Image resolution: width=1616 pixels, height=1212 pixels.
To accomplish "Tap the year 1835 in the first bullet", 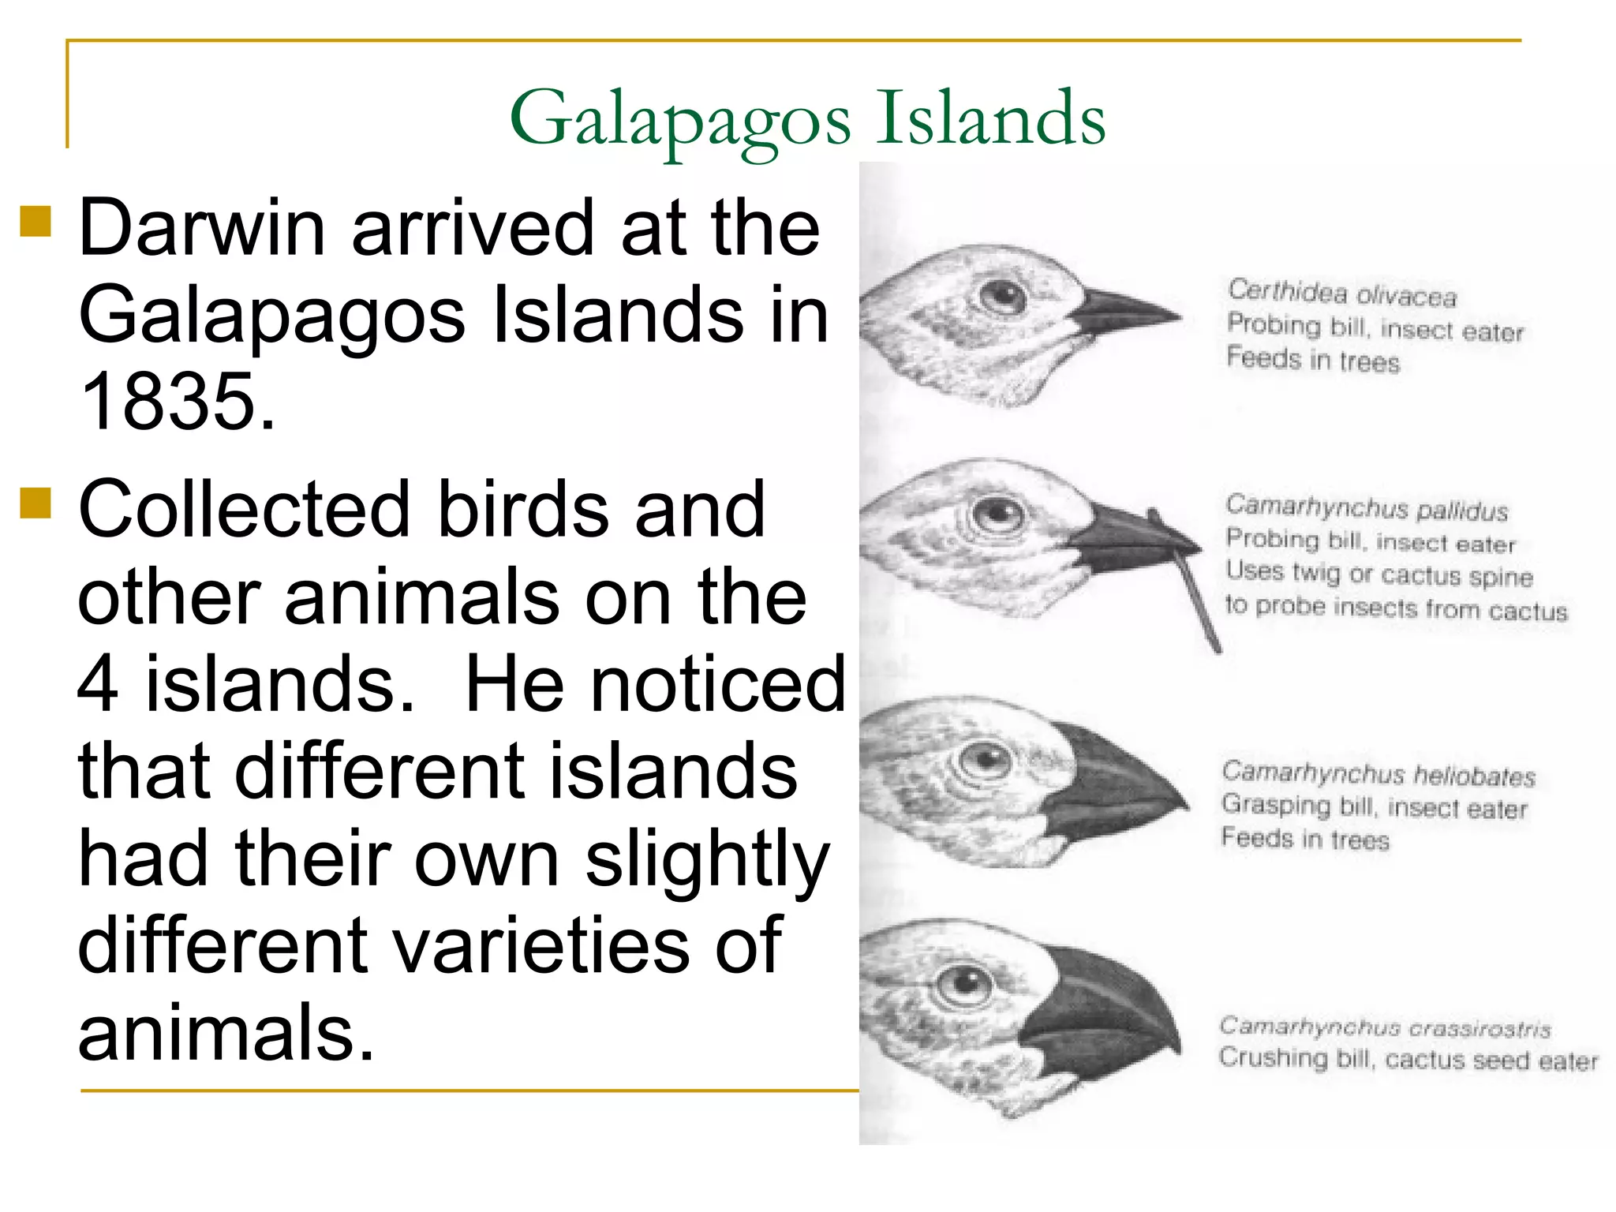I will (178, 402).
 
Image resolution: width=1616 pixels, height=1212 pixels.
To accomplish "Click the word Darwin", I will (202, 228).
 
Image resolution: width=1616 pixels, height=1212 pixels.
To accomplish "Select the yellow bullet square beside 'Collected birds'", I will (36, 503).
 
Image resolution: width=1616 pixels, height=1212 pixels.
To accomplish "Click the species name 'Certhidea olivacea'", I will (1341, 294).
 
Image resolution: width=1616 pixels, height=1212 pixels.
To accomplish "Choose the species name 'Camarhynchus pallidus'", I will (1366, 508).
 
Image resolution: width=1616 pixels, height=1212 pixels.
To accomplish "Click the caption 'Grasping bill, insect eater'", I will (1374, 806).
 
